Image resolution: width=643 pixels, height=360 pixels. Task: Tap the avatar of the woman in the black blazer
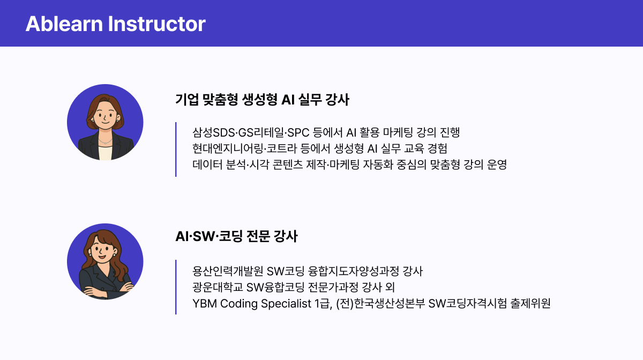(105, 122)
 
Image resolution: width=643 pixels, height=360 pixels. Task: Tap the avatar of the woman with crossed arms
(105, 261)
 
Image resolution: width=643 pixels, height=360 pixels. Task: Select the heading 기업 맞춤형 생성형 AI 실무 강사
(262, 100)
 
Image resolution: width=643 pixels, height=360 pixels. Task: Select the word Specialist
(285, 304)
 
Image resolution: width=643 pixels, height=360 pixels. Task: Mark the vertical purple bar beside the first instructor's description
(176, 149)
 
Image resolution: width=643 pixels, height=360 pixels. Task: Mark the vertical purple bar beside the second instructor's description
(176, 287)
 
